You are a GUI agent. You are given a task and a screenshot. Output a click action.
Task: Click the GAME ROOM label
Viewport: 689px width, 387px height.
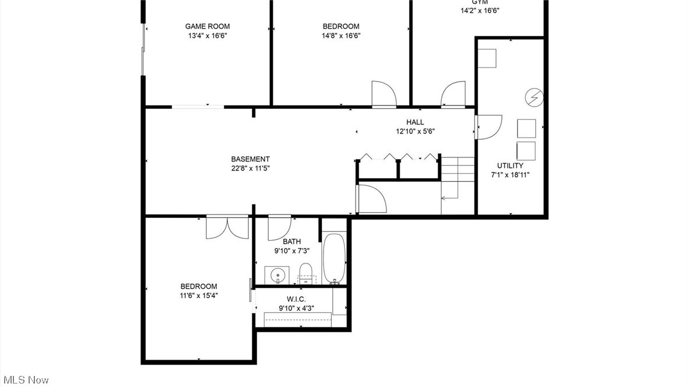point(207,26)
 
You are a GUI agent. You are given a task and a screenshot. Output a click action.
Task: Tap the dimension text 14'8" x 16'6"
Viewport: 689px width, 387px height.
point(341,36)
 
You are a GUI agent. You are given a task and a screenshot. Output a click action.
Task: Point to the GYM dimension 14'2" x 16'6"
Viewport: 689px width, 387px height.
point(480,10)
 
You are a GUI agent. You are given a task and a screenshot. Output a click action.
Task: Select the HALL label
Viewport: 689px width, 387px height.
point(415,122)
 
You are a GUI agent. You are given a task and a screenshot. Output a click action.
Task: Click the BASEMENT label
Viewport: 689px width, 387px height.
point(250,159)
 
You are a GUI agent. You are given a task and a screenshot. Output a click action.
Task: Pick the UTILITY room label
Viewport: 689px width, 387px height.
point(510,166)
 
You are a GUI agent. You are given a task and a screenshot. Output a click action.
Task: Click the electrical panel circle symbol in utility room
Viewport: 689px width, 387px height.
point(533,97)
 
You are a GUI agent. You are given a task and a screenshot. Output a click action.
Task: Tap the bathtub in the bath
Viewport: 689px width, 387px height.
point(334,258)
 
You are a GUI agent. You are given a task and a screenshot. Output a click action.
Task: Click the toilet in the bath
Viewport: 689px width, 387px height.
point(305,273)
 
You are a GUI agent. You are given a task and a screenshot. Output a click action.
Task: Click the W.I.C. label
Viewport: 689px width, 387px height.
point(296,299)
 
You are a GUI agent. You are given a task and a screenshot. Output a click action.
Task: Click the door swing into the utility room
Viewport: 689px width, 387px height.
point(488,126)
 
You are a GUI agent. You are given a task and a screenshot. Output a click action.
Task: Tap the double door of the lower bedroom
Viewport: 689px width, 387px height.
point(227,227)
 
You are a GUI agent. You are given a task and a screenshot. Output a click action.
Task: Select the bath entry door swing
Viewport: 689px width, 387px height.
point(280,228)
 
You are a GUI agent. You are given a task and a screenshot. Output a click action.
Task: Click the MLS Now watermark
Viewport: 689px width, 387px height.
point(25,380)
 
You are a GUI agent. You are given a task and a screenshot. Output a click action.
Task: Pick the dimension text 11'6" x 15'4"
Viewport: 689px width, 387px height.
point(199,295)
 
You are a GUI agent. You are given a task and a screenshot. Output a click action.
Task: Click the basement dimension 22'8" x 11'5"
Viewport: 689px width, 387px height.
point(250,168)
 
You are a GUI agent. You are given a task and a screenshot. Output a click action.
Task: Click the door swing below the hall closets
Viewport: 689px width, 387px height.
point(371,199)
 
